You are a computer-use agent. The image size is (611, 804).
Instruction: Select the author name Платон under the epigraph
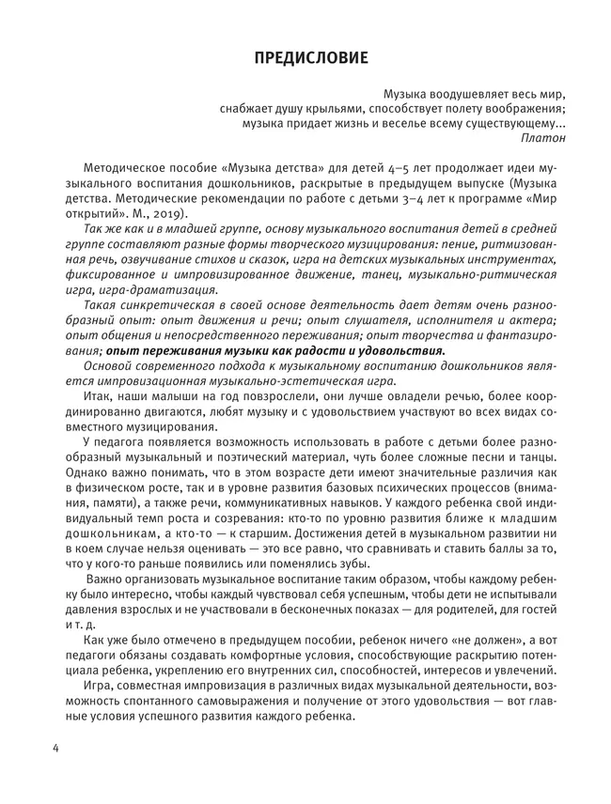(543, 137)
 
